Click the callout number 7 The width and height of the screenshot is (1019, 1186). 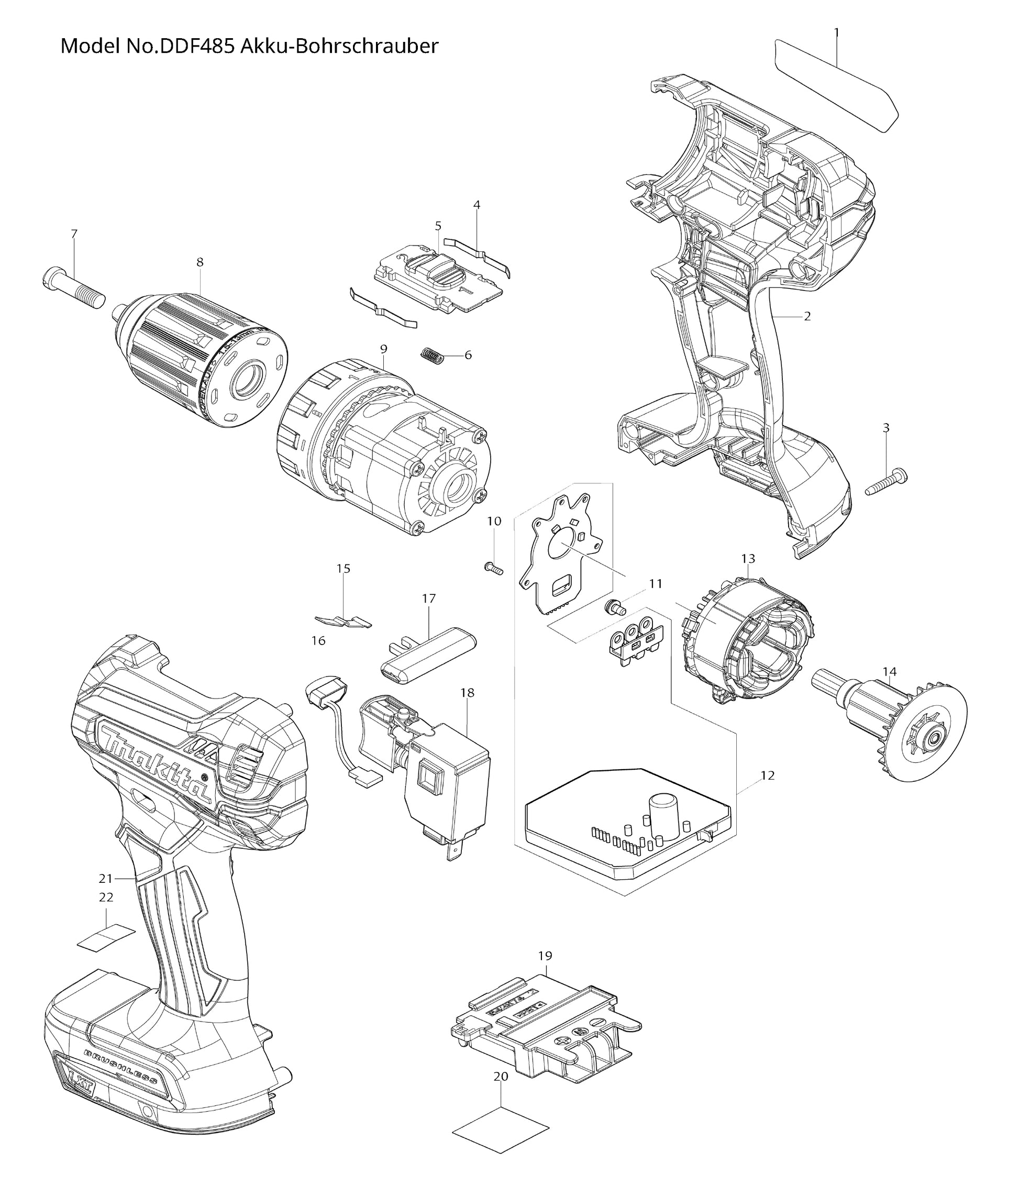click(74, 234)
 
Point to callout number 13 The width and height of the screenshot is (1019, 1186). click(748, 558)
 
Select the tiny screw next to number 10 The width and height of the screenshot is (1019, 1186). click(493, 568)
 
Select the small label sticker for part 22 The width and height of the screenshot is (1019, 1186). click(107, 938)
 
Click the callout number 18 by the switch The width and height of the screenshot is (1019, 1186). click(467, 693)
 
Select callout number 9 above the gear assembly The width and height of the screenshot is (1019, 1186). click(383, 349)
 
